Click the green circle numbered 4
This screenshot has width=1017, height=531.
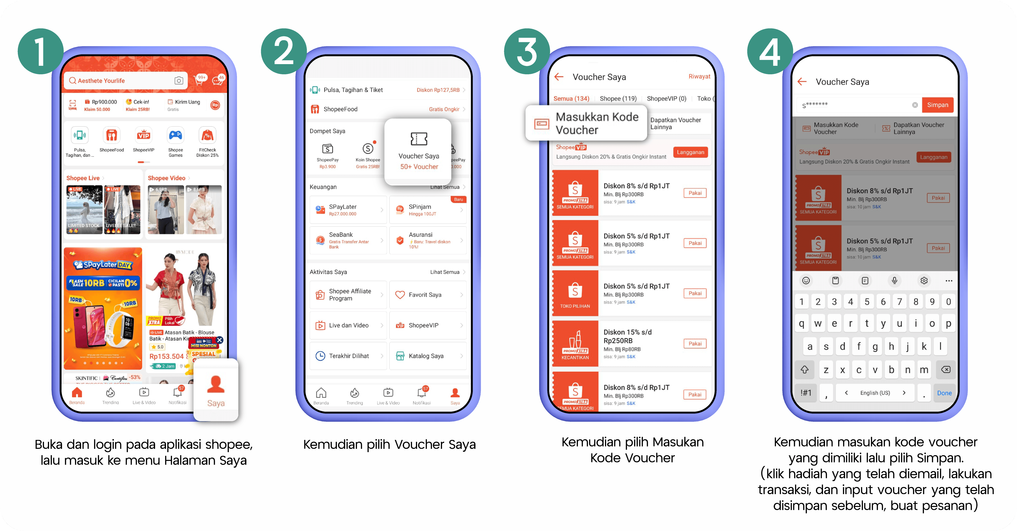(770, 51)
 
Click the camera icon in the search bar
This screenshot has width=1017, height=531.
(179, 81)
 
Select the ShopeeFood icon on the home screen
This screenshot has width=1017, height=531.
(112, 136)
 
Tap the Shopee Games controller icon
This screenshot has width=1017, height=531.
(176, 136)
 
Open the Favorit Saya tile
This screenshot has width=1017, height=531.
(428, 295)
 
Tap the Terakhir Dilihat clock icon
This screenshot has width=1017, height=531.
(320, 356)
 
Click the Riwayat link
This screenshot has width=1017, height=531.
(699, 76)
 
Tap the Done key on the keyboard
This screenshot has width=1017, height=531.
(944, 393)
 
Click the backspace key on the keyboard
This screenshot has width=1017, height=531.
(946, 370)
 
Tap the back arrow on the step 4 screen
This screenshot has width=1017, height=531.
(802, 82)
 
